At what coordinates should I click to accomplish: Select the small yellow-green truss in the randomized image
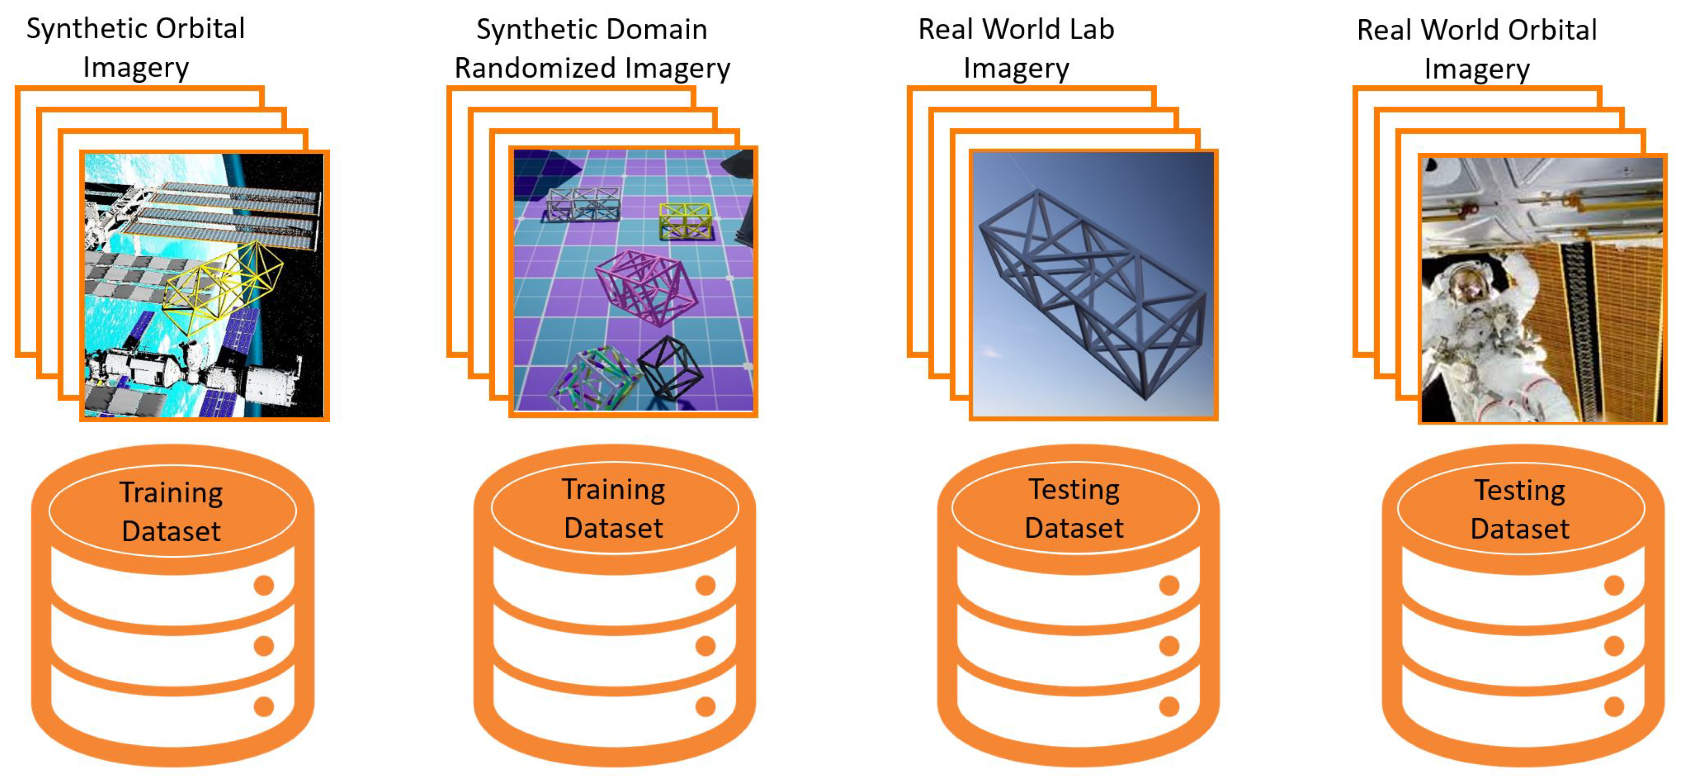point(684,220)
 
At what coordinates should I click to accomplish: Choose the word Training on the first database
point(171,493)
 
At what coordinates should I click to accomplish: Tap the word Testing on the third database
point(1074,490)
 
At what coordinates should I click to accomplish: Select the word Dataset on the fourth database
point(1519,529)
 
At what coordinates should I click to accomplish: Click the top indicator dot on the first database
point(264,586)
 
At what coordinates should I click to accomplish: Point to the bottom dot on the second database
point(705,707)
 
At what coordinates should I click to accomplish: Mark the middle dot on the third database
point(1169,646)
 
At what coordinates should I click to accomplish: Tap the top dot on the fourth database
point(1614,586)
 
